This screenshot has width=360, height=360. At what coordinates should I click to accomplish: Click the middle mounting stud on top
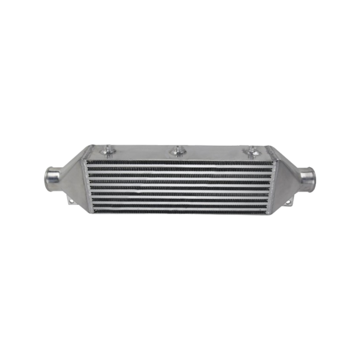177,150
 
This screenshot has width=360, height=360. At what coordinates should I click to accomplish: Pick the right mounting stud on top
253,151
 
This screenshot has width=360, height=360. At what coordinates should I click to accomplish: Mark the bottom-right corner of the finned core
270,215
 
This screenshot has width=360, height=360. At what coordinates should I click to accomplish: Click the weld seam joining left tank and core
86,186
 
